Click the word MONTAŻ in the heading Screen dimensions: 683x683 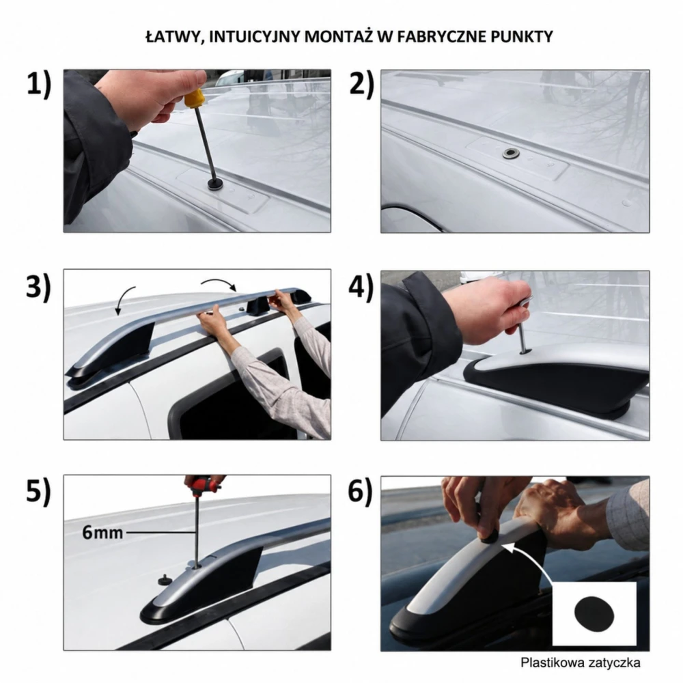coord(339,37)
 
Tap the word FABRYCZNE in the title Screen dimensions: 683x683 coord(441,37)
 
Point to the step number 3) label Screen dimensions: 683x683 coord(38,288)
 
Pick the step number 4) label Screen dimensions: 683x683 coord(361,288)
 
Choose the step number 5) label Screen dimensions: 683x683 coord(38,491)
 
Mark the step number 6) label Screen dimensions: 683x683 coord(360,491)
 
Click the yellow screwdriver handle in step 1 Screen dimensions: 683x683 coord(193,98)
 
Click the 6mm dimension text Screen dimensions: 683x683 coord(102,532)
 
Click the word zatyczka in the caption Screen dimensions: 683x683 coord(614,663)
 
